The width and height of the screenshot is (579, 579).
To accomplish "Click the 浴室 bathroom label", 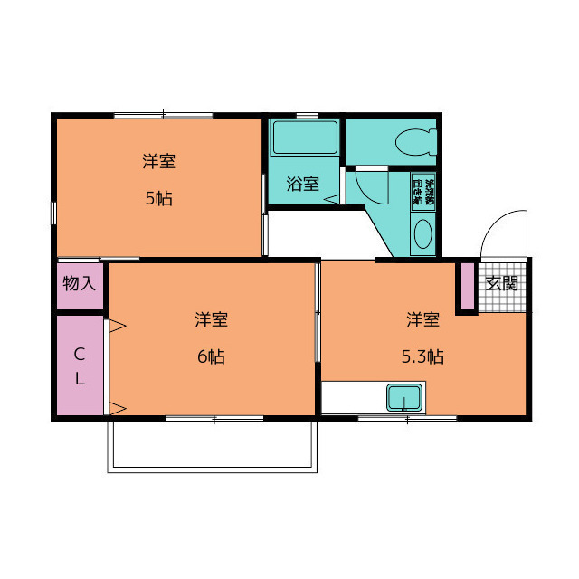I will (x=302, y=184).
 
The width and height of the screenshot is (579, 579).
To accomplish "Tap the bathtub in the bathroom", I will (x=304, y=138).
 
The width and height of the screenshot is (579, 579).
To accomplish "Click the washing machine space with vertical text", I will (x=423, y=194).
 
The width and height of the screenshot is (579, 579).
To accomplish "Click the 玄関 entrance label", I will (x=502, y=283).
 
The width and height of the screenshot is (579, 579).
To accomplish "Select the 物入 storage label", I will (x=79, y=283).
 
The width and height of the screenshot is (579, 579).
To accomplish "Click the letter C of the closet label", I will (x=79, y=353).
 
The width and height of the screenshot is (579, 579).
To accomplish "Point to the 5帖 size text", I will (x=158, y=199).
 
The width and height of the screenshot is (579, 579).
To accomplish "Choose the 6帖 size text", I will (x=211, y=356).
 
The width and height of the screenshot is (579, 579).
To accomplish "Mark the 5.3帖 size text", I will (x=422, y=356).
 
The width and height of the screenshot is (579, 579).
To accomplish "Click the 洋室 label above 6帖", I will (x=211, y=319).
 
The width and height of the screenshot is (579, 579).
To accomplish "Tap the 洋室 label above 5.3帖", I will (x=422, y=319).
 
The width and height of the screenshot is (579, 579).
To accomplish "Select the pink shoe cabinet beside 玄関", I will (x=466, y=287).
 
